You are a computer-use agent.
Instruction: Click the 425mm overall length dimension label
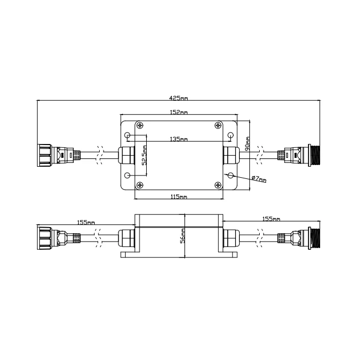click(x=178, y=98)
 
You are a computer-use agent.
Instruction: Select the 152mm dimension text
click(x=179, y=112)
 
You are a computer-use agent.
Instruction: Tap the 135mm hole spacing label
click(x=179, y=139)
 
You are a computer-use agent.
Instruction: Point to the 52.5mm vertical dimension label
click(x=144, y=155)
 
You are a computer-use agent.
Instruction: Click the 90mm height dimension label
click(x=248, y=144)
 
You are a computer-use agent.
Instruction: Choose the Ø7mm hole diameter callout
click(x=259, y=179)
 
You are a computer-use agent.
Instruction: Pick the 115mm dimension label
click(x=179, y=197)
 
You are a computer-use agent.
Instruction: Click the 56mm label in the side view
click(x=183, y=235)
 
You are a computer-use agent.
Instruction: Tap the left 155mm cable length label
click(x=86, y=223)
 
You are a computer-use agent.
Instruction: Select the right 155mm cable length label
click(x=271, y=219)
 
